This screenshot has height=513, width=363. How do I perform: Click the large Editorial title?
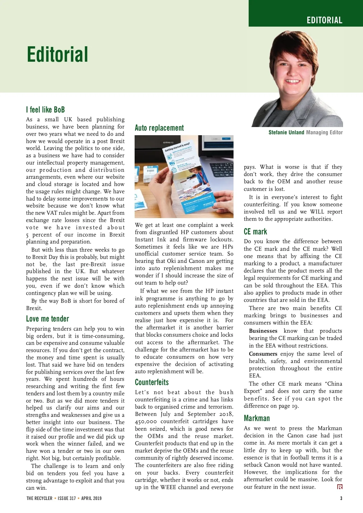pyautogui.click(x=57, y=54)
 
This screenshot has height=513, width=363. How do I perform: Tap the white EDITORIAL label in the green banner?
pyautogui.click(x=324, y=20)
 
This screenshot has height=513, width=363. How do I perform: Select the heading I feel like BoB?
pyautogui.click(x=45, y=109)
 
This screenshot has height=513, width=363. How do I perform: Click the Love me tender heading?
pyautogui.click(x=47, y=319)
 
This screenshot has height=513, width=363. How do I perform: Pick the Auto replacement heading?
pyautogui.click(x=159, y=128)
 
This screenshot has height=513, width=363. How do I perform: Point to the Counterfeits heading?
pyautogui.click(x=152, y=382)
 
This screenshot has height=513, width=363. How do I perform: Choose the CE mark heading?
pyautogui.click(x=255, y=232)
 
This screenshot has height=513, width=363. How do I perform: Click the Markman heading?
pyautogui.click(x=257, y=418)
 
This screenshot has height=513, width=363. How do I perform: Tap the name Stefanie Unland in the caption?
pyautogui.click(x=286, y=132)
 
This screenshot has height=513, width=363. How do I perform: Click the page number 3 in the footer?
pyautogui.click(x=341, y=498)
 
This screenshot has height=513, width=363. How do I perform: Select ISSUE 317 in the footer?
pyautogui.click(x=67, y=498)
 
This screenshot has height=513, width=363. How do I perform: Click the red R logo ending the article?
pyautogui.click(x=340, y=487)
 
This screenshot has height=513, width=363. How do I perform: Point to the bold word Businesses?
pyautogui.click(x=263, y=331)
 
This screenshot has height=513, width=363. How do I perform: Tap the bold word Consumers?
pyautogui.click(x=263, y=354)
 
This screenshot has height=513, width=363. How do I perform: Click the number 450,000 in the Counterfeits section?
pyautogui.click(x=146, y=421)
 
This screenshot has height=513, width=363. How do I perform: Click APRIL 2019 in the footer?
pyautogui.click(x=91, y=498)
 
